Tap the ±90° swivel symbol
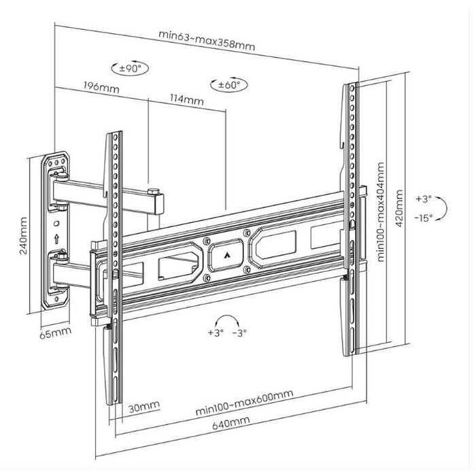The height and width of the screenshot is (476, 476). (x=130, y=68)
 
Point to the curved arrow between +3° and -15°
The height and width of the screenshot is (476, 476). (x=442, y=207)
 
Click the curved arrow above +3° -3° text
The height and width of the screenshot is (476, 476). (x=226, y=319)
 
